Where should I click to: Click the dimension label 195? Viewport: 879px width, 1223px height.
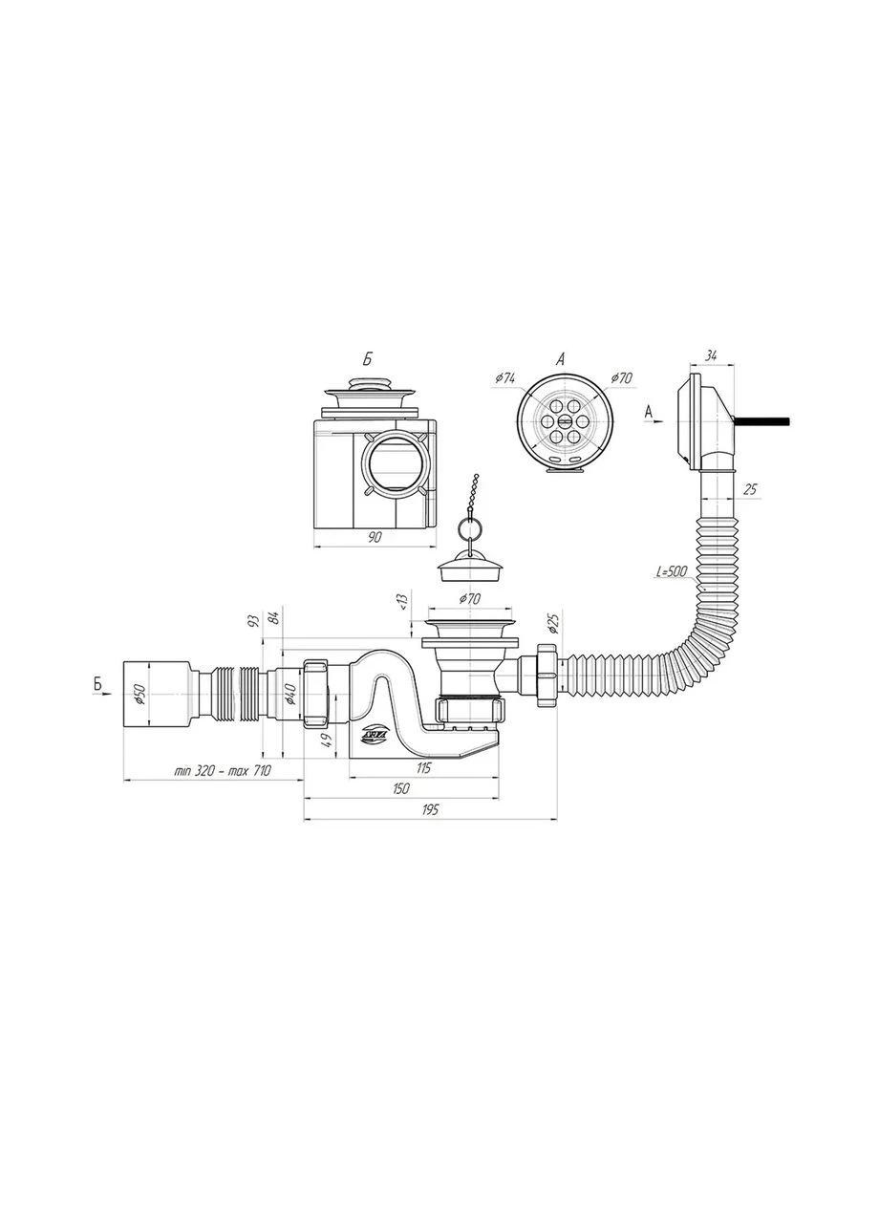click(430, 809)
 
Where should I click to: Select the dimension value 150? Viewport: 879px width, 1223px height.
click(400, 788)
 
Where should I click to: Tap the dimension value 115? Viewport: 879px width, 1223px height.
click(423, 767)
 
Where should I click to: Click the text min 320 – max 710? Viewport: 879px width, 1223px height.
click(223, 771)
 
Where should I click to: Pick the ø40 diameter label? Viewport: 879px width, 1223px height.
click(289, 694)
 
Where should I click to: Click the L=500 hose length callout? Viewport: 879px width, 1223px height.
click(672, 572)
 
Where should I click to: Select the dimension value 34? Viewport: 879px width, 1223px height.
click(710, 356)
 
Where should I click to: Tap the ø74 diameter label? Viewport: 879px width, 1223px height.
click(505, 378)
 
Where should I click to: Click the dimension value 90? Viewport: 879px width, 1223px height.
click(374, 537)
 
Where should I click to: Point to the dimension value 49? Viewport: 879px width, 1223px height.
click(327, 740)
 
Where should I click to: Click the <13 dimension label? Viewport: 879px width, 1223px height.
click(403, 601)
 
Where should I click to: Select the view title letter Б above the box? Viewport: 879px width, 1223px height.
click(368, 359)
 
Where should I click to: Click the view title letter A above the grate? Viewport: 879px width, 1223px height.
click(560, 358)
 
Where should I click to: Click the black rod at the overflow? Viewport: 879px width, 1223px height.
click(762, 421)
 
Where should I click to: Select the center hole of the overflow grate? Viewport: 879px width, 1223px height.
click(565, 420)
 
